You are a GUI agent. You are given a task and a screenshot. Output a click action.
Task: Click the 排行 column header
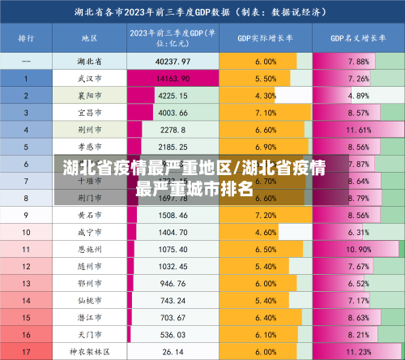click(x=26, y=38)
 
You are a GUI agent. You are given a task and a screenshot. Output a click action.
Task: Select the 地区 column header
click(x=89, y=38)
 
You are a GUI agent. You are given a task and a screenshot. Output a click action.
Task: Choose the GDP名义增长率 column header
click(x=357, y=38)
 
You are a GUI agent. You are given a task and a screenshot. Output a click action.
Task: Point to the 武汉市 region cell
click(x=89, y=79)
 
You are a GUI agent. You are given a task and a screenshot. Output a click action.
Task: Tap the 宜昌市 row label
click(x=89, y=113)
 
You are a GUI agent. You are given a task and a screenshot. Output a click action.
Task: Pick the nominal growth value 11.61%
click(x=357, y=130)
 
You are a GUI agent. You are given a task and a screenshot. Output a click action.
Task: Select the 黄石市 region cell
click(x=89, y=215)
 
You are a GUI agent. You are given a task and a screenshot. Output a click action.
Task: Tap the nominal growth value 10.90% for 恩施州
click(x=357, y=249)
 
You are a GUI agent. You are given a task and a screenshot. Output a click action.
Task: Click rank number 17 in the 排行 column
click(x=26, y=351)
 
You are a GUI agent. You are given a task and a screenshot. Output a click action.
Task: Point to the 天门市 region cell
click(x=89, y=334)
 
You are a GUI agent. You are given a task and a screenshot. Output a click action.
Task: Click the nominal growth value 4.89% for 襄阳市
click(x=357, y=96)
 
